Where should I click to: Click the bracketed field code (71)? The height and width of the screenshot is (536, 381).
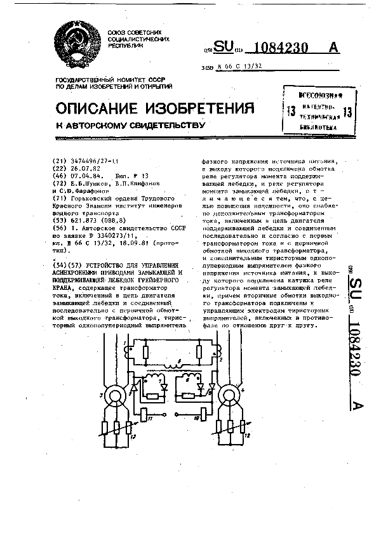pyautogui.click(x=62, y=199)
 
